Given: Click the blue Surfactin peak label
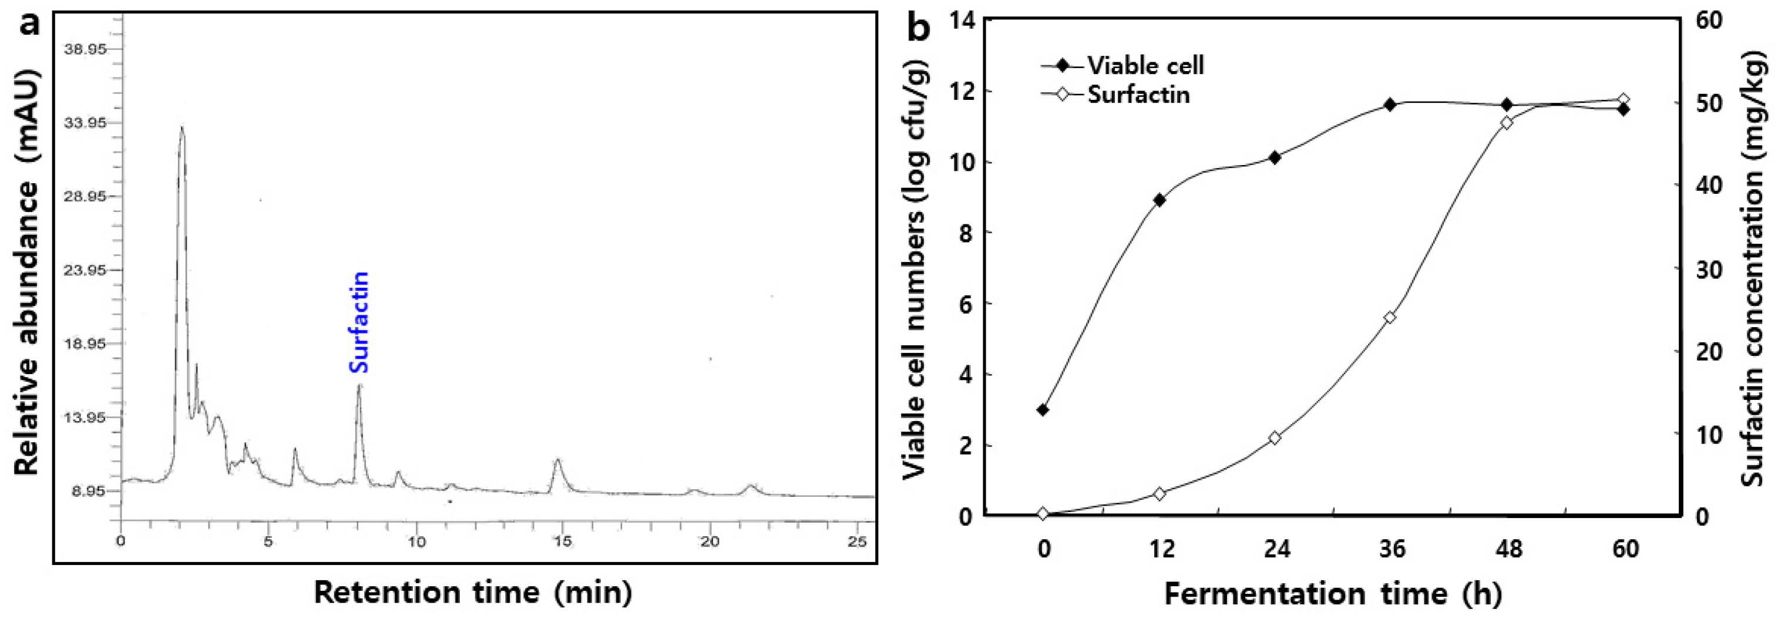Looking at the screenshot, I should click(359, 323).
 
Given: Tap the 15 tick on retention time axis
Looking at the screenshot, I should click(563, 541).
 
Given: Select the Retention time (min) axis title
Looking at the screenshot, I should click(473, 592).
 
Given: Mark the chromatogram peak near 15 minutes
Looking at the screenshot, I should click(557, 460).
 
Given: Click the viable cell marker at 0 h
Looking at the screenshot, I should click(1043, 410).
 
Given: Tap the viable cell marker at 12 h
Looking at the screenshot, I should click(1159, 200).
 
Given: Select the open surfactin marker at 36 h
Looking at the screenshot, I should click(1391, 318).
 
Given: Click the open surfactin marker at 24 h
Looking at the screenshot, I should click(1275, 438).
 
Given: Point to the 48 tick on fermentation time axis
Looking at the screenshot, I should click(1508, 549).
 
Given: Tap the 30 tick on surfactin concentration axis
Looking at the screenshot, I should click(1708, 269).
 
